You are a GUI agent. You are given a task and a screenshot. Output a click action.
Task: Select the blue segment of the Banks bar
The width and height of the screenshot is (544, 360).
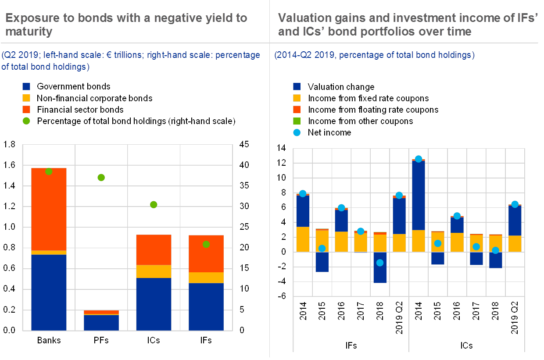tap(49, 292)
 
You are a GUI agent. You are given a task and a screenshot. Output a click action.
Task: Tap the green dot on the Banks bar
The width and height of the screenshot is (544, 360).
tap(49, 171)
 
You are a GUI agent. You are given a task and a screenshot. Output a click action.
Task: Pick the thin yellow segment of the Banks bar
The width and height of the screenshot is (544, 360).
tap(49, 253)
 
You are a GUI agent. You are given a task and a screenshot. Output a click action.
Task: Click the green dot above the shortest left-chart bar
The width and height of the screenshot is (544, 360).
tap(101, 178)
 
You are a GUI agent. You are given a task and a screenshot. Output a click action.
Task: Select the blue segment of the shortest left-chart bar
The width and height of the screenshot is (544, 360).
tap(101, 322)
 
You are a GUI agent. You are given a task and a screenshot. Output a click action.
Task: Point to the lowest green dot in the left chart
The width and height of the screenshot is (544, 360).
tap(206, 244)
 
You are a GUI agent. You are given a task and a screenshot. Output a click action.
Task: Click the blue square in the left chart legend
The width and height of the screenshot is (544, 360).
tap(26, 86)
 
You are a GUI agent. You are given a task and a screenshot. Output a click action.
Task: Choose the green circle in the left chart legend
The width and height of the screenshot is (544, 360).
tap(26, 121)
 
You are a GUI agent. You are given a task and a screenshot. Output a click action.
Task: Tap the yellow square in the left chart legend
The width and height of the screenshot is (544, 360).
tap(26, 98)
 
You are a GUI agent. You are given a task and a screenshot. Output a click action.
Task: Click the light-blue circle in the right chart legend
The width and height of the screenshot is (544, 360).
tap(297, 132)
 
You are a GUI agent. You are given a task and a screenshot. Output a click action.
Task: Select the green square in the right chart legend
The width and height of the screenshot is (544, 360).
tap(297, 121)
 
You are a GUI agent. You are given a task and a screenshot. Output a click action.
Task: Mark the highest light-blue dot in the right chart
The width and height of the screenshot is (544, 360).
tap(418, 159)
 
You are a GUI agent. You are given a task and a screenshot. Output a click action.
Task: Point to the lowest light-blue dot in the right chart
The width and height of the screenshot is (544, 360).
tap(380, 263)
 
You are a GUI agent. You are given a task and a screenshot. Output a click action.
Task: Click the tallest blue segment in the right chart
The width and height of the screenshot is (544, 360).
tap(418, 196)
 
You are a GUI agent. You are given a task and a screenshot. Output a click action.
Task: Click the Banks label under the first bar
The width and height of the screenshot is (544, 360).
tap(49, 340)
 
